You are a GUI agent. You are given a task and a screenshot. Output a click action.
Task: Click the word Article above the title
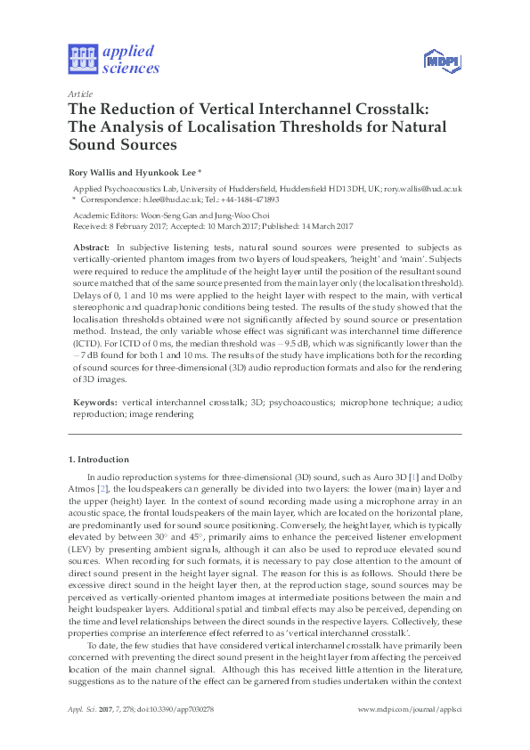[x=78, y=94]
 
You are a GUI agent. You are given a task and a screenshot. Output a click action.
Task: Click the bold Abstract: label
[x=91, y=245]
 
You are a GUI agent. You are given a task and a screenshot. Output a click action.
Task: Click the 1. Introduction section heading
[x=99, y=460]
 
